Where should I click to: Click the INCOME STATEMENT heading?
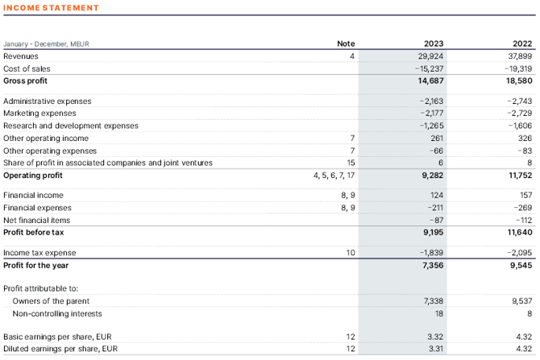[51, 8]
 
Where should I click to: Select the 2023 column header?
[434, 43]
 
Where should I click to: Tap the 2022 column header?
[522, 43]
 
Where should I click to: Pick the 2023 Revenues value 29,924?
[431, 56]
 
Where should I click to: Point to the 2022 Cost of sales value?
[517, 69]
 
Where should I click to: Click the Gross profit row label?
[26, 81]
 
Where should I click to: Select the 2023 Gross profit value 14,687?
[431, 81]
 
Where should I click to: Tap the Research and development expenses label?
[71, 126]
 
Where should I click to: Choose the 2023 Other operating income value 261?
[438, 138]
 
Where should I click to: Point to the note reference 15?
[351, 163]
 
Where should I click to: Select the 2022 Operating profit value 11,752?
[517, 175]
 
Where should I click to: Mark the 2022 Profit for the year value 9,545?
[519, 265]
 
